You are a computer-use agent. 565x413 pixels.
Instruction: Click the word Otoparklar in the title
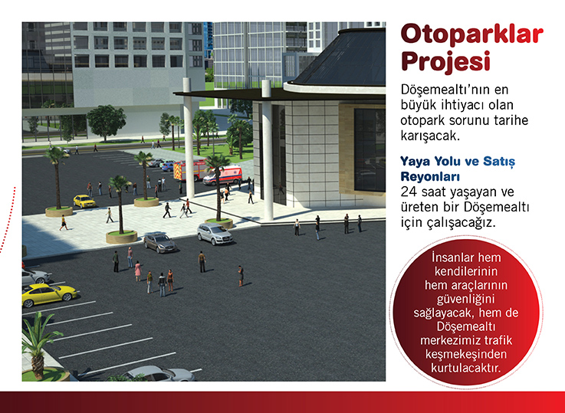(x=471, y=35)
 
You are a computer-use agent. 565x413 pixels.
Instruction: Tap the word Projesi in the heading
(x=446, y=61)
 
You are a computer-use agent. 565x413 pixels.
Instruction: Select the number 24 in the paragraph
(x=409, y=192)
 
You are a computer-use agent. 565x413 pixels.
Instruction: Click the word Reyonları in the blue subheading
(x=430, y=177)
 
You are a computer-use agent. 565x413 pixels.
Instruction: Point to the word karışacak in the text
(x=429, y=136)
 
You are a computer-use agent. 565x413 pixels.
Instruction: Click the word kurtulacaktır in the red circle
(x=466, y=368)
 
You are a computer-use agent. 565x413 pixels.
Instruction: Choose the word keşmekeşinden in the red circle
(x=466, y=354)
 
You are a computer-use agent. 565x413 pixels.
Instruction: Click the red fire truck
(x=189, y=170)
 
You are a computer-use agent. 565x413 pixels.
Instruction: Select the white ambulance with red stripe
(x=223, y=175)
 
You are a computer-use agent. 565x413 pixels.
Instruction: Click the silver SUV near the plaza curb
(x=215, y=234)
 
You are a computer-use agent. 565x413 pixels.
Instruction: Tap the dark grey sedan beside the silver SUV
(x=160, y=242)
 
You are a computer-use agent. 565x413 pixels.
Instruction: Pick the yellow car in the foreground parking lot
(x=49, y=293)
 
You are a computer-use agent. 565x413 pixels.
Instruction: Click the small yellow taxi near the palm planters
(x=84, y=202)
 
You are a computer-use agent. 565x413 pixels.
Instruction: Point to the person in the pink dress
(x=138, y=271)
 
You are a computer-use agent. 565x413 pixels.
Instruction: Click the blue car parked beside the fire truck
(x=168, y=166)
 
